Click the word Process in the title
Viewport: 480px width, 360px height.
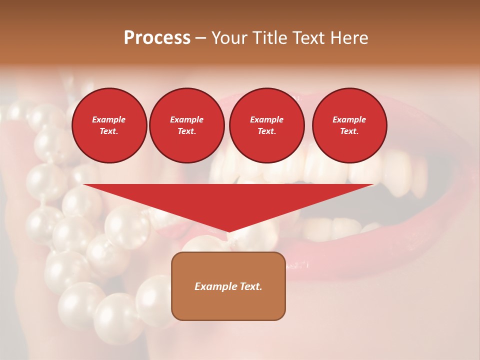pos(157,38)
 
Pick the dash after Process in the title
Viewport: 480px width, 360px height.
pos(200,39)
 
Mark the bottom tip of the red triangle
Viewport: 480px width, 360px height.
pos(228,231)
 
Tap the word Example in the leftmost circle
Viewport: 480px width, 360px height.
pos(109,119)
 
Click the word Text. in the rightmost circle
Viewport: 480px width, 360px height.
pos(349,131)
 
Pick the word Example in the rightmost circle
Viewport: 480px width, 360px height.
pos(349,119)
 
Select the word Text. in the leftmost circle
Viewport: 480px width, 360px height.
pos(109,131)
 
